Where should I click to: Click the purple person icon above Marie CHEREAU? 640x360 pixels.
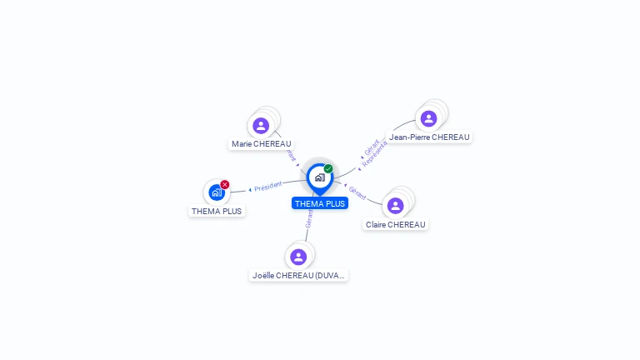tap(261, 126)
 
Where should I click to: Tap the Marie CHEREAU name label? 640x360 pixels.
tap(262, 144)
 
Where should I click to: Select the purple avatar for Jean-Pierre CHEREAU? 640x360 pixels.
tap(428, 118)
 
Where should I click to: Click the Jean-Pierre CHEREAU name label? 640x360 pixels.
tap(429, 137)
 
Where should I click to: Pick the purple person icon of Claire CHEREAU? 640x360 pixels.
tap(395, 205)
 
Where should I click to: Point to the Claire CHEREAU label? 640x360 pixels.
tap(396, 225)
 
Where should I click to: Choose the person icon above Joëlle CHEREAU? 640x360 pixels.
tap(298, 257)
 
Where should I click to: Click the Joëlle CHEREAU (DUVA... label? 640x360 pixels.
tap(298, 275)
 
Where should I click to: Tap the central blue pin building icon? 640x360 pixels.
tap(319, 177)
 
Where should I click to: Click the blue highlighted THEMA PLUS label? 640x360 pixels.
tap(319, 203)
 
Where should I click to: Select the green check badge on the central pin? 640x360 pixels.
tap(328, 168)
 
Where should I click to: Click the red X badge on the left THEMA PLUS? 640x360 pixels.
tap(225, 184)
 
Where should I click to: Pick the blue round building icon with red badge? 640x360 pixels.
tap(216, 192)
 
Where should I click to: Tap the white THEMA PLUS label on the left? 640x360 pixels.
tap(217, 212)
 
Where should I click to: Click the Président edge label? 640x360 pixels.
tap(268, 186)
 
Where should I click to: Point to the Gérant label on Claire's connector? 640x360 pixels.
tap(357, 193)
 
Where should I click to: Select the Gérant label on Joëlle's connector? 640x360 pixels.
tap(309, 219)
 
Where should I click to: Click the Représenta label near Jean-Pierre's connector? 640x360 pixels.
tap(375, 153)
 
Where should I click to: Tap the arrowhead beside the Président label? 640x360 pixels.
tap(251, 190)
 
